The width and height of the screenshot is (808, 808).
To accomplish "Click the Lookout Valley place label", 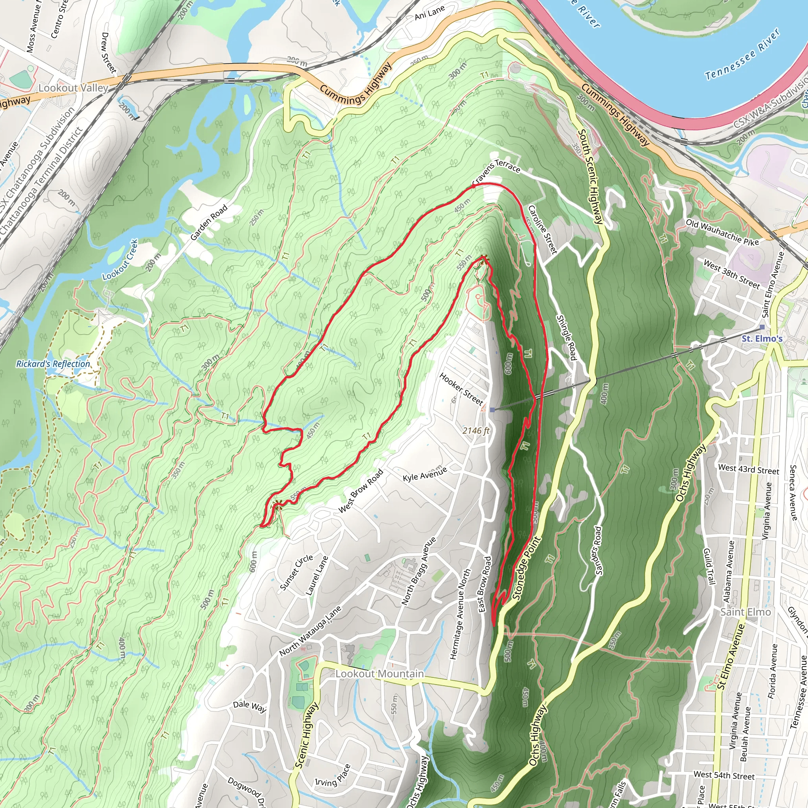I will (x=73, y=88).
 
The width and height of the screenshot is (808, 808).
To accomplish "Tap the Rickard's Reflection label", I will (x=53, y=364).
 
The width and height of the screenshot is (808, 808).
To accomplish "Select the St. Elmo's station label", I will (x=761, y=339).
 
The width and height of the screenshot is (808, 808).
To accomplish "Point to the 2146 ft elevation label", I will (x=476, y=430).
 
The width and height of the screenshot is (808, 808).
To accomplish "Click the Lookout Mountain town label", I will (x=379, y=674).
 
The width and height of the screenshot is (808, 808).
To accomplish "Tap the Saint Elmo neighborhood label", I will (x=745, y=612).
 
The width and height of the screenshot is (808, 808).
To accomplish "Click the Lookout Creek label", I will (x=120, y=260).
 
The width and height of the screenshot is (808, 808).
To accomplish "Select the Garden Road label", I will (x=209, y=223).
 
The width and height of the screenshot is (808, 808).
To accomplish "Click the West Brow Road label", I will (x=361, y=490).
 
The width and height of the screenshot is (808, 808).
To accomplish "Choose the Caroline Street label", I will (x=542, y=229).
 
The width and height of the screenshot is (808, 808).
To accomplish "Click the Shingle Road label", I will (x=567, y=337).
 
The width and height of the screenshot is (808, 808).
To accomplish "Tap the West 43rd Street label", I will (x=748, y=469).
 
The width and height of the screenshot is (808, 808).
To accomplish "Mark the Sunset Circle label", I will (x=296, y=572).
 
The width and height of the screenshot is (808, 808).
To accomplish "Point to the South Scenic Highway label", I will (x=591, y=176).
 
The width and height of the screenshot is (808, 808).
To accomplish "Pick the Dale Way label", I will (x=249, y=706).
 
